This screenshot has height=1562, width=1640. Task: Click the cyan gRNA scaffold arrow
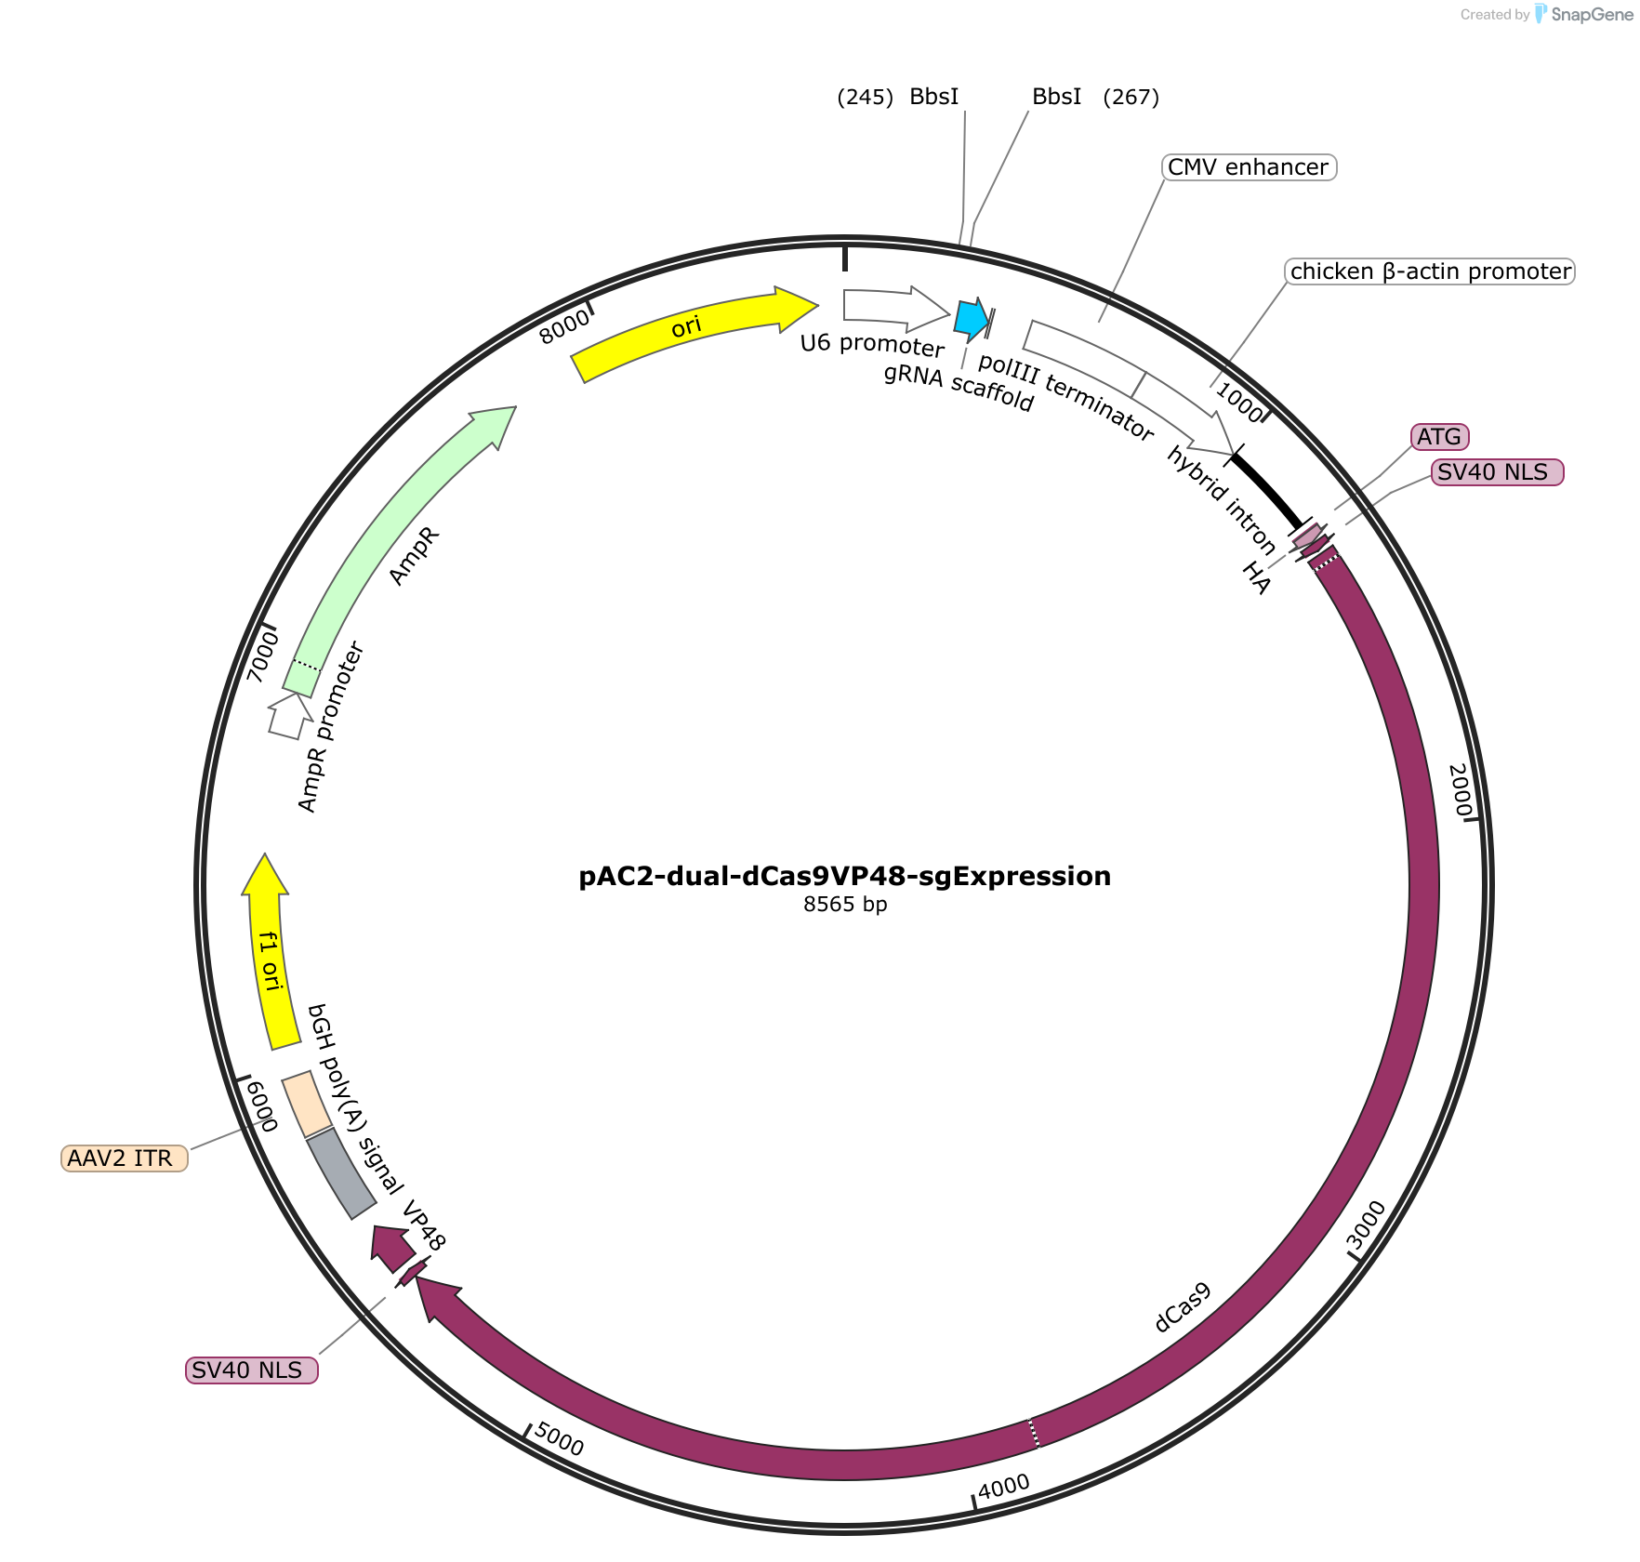coord(972,319)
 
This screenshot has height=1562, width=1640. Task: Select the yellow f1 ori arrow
coord(265,953)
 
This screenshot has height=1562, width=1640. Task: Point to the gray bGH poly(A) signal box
coord(341,1173)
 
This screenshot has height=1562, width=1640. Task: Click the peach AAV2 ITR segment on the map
coord(307,1104)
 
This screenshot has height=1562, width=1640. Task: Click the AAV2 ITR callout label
coord(125,1158)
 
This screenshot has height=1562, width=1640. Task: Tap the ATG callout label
coord(1440,436)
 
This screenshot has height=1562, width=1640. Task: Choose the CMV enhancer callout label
coord(1249,167)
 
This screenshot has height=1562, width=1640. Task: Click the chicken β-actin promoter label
coord(1430,271)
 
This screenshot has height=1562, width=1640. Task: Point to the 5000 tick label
coord(560,1440)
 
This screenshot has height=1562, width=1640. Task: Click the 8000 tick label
coord(564,326)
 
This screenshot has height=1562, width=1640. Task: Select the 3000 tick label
coord(1367,1225)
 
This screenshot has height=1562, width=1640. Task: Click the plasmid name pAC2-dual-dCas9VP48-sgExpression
coord(845,876)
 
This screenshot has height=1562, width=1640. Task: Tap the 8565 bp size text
coord(845,905)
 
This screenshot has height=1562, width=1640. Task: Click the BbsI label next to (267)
coord(1057,97)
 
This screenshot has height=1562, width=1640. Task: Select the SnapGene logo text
coord(1592,14)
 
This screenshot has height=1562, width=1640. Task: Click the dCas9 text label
coord(1183,1307)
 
